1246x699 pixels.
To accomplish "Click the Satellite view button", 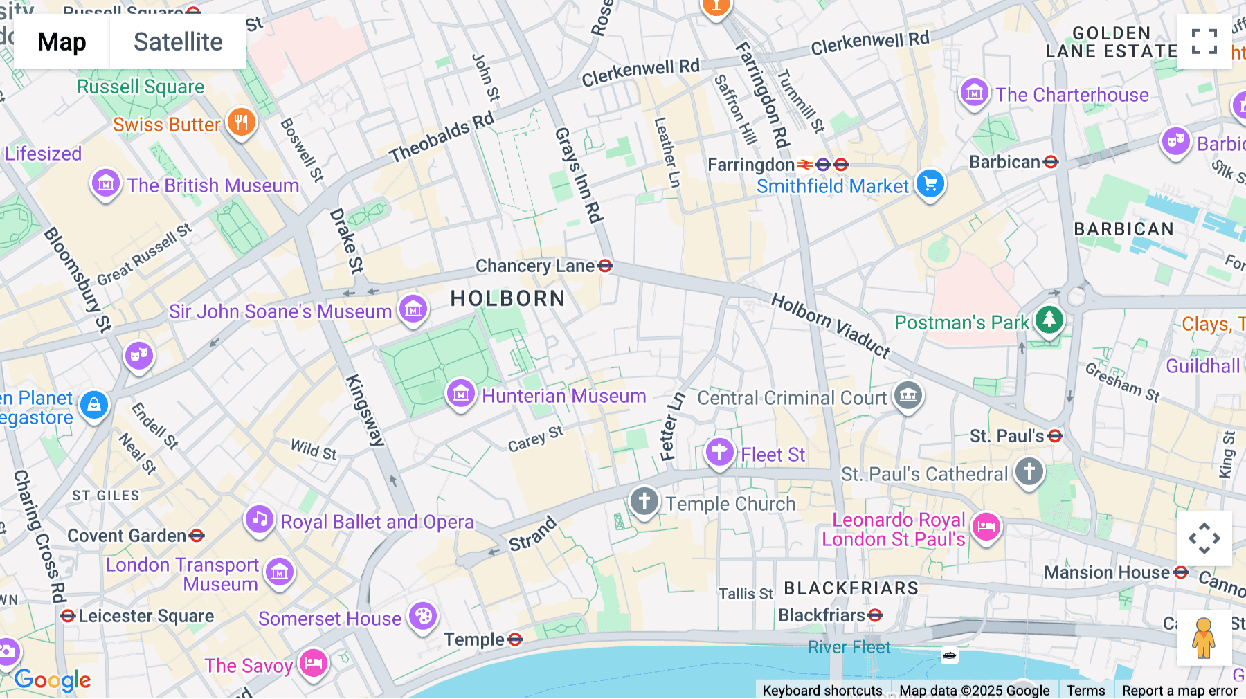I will click(x=178, y=42).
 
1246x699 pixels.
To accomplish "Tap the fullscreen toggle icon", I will click(x=1204, y=42).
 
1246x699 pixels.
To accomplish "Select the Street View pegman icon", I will click(x=1204, y=637).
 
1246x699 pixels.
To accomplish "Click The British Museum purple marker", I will click(x=106, y=184).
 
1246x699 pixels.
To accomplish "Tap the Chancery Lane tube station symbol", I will click(x=605, y=266).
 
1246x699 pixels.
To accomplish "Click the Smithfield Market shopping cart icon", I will click(x=930, y=184).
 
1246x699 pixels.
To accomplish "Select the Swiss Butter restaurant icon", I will click(x=241, y=123).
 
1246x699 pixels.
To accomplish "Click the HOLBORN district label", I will click(x=507, y=298).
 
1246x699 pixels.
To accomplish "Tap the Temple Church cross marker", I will click(x=644, y=501).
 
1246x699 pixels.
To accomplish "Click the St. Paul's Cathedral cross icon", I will click(x=1029, y=472).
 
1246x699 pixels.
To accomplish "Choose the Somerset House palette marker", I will click(x=423, y=616).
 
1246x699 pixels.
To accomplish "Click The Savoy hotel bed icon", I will click(x=314, y=664).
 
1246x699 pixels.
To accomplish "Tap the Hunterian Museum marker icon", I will click(x=461, y=394).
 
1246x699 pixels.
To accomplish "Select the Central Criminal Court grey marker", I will click(x=908, y=396).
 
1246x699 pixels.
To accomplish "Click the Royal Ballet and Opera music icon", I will click(x=260, y=520).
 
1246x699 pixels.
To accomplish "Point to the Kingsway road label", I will click(x=365, y=410).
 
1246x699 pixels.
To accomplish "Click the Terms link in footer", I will click(x=1085, y=690).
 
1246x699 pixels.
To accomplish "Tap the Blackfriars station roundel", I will click(x=875, y=615).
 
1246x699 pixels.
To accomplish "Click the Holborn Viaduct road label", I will click(x=830, y=325).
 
